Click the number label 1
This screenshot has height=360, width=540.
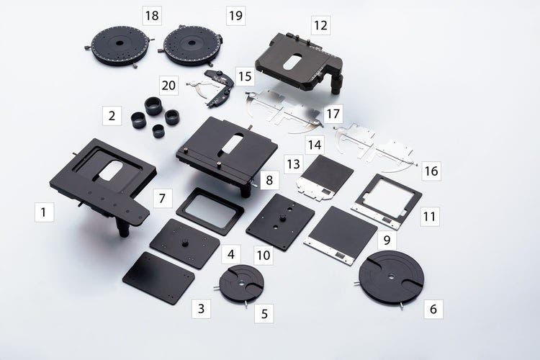(44, 212)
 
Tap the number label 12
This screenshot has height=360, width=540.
(320, 26)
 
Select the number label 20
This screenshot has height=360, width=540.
(168, 86)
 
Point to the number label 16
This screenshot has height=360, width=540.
(431, 171)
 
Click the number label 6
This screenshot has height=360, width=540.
(433, 309)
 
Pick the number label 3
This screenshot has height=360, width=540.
(201, 310)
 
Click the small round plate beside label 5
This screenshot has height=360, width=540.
(241, 283)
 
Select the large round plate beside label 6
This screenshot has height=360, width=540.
(391, 277)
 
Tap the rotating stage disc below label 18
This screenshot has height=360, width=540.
(120, 45)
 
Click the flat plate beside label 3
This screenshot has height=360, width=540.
(158, 277)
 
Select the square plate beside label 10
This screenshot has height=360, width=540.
(280, 220)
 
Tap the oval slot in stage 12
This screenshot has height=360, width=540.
(289, 61)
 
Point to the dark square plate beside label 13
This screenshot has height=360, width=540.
(326, 175)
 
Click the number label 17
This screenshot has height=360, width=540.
(333, 113)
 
